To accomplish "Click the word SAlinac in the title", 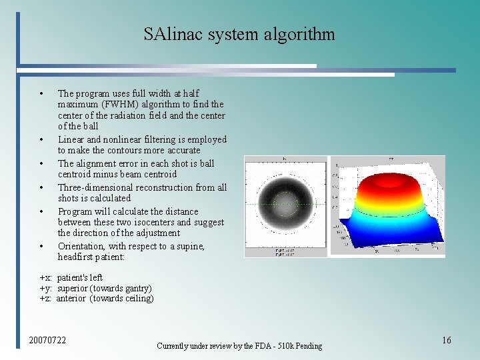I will point(173,34).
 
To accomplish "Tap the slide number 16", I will point(446,341).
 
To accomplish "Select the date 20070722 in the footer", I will point(47,341).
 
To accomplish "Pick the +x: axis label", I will point(46,277).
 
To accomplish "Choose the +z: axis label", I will point(46,299).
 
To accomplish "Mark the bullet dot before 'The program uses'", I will point(42,94).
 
